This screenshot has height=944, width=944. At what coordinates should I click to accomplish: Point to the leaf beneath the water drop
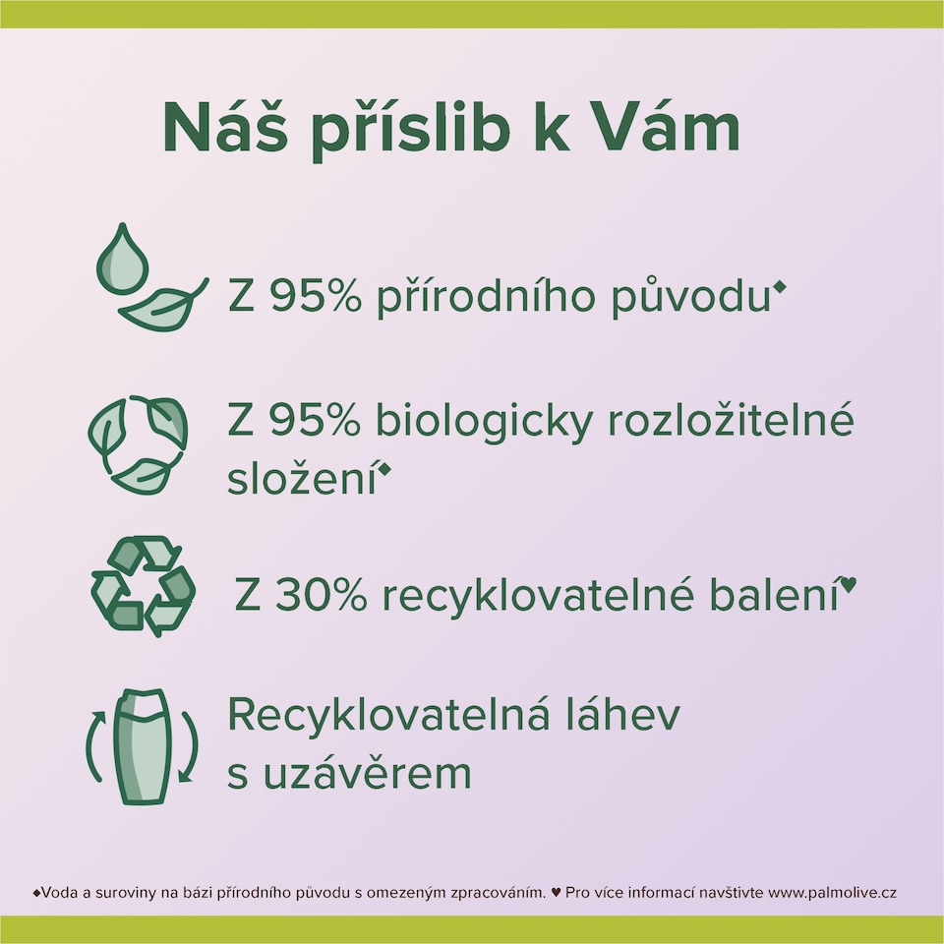coord(163,306)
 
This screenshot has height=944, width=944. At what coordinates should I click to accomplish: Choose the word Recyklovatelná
coord(388,719)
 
